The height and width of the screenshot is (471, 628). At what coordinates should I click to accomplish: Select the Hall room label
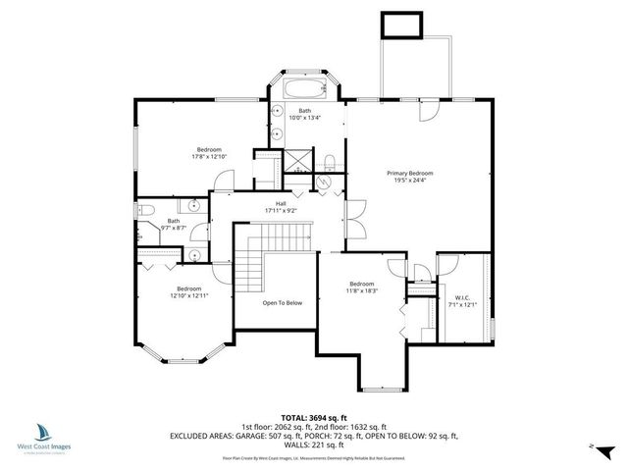(281, 207)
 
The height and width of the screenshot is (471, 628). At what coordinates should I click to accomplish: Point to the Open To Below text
(282, 303)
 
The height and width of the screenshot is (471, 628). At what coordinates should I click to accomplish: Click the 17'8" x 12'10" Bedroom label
(208, 153)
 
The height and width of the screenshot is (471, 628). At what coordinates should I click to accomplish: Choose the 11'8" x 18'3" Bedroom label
(361, 288)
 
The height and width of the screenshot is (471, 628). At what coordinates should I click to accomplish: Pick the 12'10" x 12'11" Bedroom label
(189, 292)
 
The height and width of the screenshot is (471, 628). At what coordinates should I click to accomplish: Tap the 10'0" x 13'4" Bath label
(305, 115)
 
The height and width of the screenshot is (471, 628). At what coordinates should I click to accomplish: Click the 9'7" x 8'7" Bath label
(174, 225)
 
